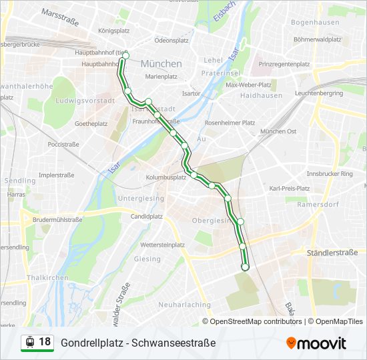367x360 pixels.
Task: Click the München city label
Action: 161,64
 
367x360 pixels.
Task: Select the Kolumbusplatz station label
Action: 166,177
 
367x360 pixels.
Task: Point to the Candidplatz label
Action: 147,216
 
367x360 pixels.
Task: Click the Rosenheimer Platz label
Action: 230,123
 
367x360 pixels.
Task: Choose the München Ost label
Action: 278,131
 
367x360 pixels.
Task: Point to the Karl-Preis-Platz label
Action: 289,189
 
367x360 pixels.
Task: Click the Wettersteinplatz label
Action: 162,245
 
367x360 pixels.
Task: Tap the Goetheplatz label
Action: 91,124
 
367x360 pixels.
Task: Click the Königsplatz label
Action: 113,31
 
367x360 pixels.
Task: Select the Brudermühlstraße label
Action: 57,219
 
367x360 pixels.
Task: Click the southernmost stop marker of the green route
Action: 245,267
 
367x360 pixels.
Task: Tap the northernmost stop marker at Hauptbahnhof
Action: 125,56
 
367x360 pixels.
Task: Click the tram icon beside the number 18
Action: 29,342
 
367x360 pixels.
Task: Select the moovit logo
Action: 316,343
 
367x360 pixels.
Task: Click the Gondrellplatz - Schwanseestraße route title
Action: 138,343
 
